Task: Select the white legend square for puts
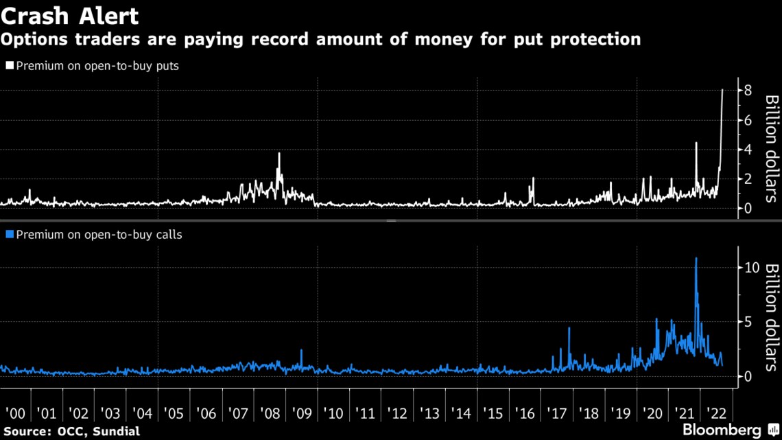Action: point(10,66)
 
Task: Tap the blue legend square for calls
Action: point(10,235)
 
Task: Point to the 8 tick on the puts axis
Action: point(748,91)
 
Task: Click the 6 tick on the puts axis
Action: point(748,120)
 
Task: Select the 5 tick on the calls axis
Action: point(748,322)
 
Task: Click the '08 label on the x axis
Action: point(270,414)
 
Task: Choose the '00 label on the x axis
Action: point(14,414)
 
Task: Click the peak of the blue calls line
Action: point(696,258)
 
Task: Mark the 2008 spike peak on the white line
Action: point(279,153)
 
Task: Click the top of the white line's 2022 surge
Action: point(722,90)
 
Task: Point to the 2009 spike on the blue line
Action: point(301,350)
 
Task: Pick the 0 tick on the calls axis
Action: point(748,376)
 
